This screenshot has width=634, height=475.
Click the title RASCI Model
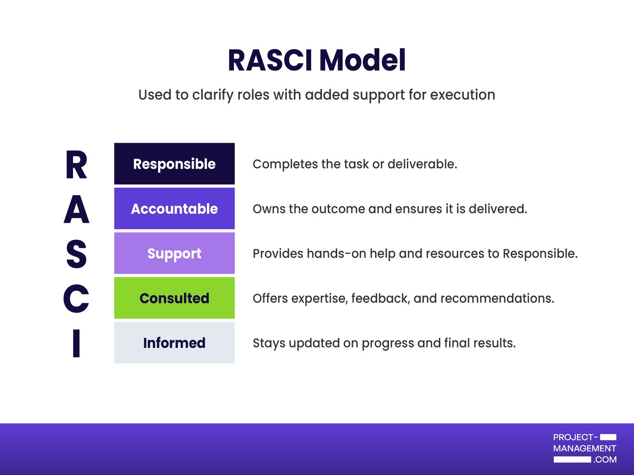(317, 61)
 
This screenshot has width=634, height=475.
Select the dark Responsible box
(174, 164)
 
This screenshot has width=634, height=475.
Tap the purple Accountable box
(174, 208)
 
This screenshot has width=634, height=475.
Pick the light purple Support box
(174, 253)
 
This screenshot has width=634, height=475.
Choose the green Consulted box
(174, 298)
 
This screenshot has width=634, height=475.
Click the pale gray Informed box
(174, 343)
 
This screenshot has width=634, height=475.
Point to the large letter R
(76, 165)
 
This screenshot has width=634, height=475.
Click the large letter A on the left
(76, 209)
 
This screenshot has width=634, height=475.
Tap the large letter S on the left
(76, 254)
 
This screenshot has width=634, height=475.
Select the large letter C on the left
(76, 298)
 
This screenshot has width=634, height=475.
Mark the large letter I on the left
(76, 343)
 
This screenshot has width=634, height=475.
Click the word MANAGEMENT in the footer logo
(584, 449)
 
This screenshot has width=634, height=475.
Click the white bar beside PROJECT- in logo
(608, 437)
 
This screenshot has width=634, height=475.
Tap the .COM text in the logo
(605, 460)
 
